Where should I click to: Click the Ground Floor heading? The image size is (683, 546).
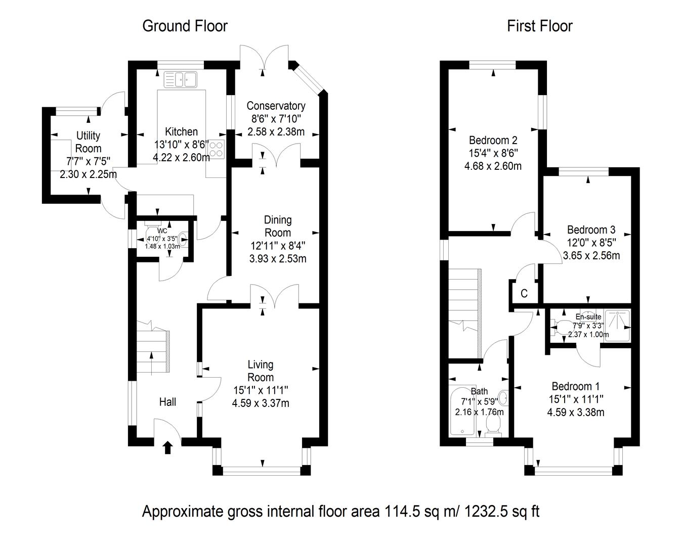coord(185,26)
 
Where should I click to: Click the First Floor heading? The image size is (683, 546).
coord(540,26)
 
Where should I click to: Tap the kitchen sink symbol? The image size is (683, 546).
coord(180,79)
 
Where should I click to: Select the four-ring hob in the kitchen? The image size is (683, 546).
coord(217,149)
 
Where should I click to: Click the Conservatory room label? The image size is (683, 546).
coord(276,106)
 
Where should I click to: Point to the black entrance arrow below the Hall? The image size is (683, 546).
coord(167,447)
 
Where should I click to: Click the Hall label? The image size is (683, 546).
coord(167,402)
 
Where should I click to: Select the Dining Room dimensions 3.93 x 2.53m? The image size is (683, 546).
coord(278,259)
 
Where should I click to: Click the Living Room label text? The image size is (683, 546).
coord(261,371)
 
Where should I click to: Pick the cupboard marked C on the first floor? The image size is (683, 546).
coord(524,294)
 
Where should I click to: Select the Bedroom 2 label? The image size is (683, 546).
coord(493,140)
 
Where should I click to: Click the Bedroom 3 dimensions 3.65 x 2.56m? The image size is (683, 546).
coord(591,255)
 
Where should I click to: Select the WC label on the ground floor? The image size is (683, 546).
coord(161,231)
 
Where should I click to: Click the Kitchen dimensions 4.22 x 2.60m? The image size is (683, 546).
coord(181,157)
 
